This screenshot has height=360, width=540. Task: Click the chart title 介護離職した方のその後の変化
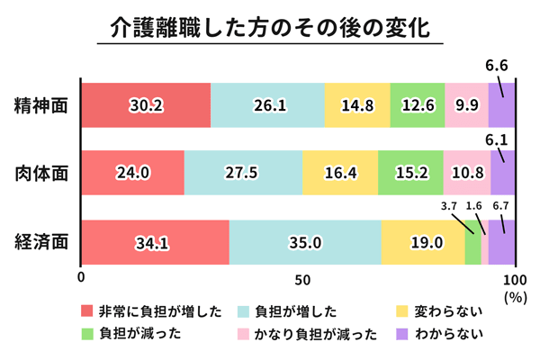click(270, 26)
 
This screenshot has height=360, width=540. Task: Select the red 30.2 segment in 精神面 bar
click(146, 104)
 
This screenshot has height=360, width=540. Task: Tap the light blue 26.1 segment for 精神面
click(268, 104)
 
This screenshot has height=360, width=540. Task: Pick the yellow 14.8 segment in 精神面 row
click(358, 104)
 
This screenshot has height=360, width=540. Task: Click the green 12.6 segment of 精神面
click(418, 104)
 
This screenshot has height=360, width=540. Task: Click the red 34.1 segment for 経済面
click(155, 242)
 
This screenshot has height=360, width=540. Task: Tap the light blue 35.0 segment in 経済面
click(305, 242)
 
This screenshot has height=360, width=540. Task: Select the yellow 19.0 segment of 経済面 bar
click(423, 242)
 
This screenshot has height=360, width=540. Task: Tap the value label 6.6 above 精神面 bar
click(497, 65)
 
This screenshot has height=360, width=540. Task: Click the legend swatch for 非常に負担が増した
click(87, 311)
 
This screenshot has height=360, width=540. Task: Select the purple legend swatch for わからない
click(402, 334)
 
